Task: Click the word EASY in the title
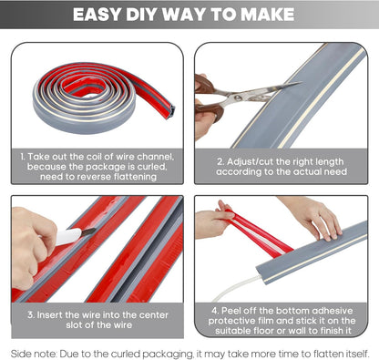tap(99, 15)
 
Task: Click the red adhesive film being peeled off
tap(255, 231)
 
